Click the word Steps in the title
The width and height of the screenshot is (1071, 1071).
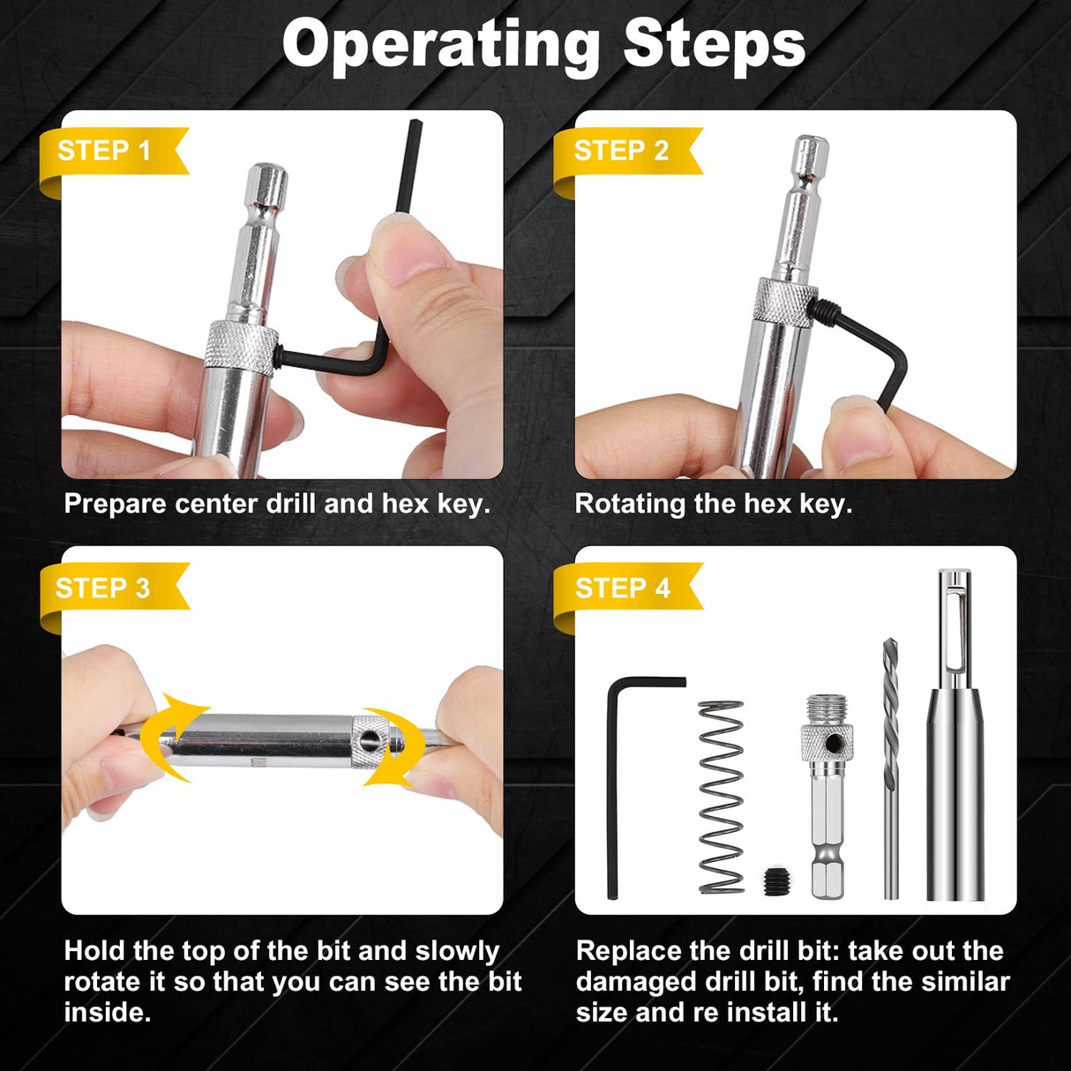[714, 44]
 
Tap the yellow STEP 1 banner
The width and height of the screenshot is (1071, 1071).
[104, 151]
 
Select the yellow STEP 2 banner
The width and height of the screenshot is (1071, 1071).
[621, 151]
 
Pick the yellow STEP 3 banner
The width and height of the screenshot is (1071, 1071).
[103, 588]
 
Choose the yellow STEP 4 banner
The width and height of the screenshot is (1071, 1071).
[623, 588]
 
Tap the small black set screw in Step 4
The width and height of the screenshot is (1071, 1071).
[776, 880]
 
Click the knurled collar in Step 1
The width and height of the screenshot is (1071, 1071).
[242, 347]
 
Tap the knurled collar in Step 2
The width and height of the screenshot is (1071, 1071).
[784, 302]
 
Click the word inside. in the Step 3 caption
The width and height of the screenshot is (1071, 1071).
[107, 1012]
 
